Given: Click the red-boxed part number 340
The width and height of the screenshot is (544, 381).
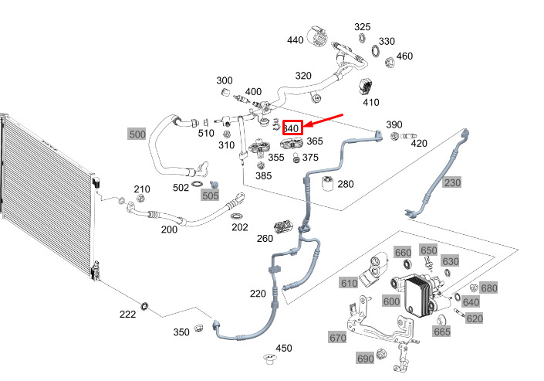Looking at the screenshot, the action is click(292, 128).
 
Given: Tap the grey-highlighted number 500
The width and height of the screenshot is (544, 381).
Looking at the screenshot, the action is click(137, 134).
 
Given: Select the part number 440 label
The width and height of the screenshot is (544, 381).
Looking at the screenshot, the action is click(296, 40).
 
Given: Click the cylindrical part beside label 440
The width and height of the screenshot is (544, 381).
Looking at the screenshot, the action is click(317, 36).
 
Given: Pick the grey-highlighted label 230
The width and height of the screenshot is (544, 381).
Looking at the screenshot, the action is click(452, 182).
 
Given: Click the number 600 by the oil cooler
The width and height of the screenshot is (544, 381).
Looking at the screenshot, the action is click(391, 301).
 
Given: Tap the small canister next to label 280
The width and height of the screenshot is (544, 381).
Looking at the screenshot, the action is click(327, 184).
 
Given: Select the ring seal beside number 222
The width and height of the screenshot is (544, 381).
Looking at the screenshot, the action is click(144, 306).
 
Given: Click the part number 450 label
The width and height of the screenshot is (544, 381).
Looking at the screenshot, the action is click(283, 348).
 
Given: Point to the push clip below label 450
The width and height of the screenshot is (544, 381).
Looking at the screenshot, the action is click(269, 359).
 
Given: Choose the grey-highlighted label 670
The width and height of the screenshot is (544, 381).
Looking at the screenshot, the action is click(337, 338).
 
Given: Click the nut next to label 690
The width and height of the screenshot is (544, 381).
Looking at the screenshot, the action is click(381, 354).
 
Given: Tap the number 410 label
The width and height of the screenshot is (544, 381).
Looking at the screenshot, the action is click(371, 102).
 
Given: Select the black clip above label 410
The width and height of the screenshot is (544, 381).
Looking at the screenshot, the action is click(365, 86).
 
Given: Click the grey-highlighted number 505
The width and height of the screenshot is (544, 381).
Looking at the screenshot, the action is click(210, 196).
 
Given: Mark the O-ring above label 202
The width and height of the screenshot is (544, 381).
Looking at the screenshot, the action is click(236, 216).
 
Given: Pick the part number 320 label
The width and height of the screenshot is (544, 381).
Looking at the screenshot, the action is click(303, 76).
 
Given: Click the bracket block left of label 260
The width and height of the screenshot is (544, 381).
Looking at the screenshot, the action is click(285, 226).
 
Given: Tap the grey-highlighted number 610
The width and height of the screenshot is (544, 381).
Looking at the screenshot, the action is click(349, 283).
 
